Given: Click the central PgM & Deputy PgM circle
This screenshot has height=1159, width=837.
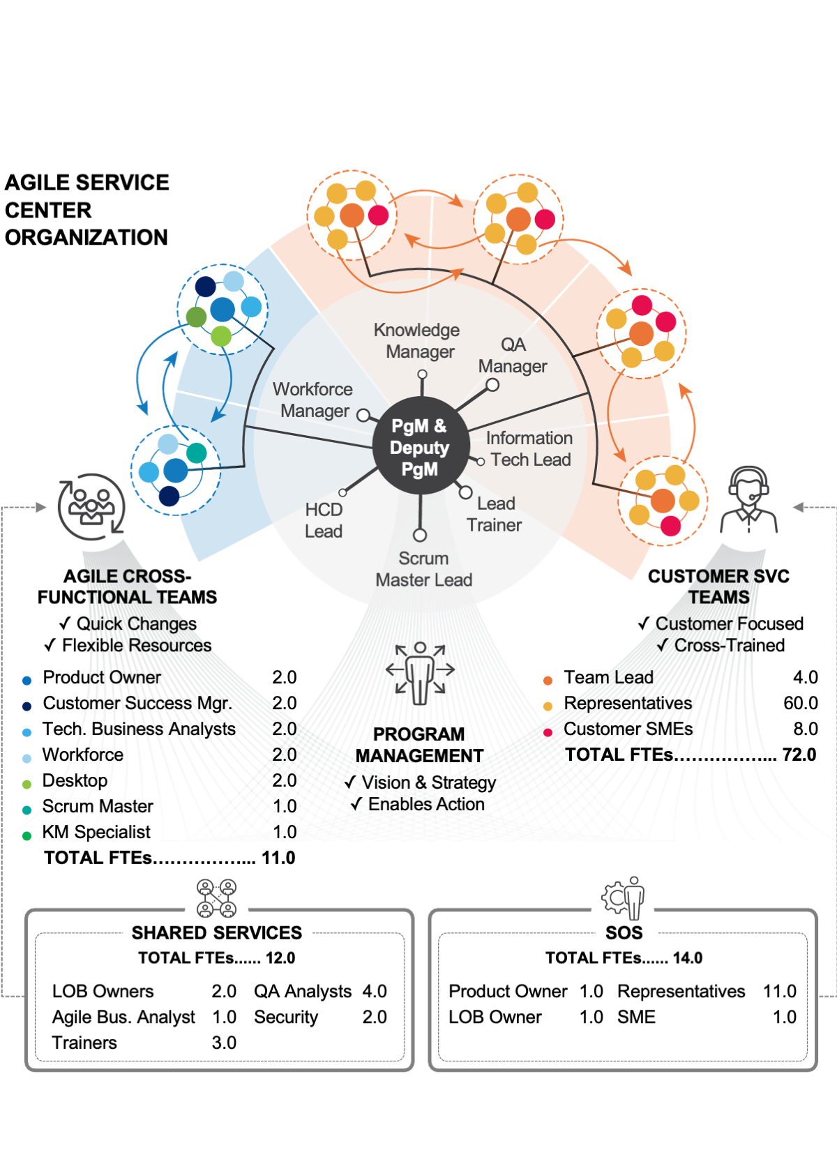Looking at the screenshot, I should [x=419, y=446].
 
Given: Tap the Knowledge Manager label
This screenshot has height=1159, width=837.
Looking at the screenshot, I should [x=417, y=340].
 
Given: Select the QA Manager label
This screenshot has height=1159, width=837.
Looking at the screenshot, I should [x=513, y=355].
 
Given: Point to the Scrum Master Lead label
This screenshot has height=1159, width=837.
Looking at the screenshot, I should [x=423, y=569].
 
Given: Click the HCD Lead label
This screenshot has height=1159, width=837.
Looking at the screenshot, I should [x=324, y=520].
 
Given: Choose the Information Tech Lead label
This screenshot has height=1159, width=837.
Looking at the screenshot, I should [x=529, y=448].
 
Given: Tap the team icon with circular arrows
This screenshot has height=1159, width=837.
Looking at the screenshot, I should [x=91, y=507].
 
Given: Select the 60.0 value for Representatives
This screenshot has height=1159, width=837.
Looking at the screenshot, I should [x=800, y=703].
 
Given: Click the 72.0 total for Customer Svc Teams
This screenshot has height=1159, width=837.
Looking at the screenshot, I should [x=799, y=755].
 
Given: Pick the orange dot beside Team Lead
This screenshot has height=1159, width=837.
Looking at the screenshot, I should [x=548, y=680].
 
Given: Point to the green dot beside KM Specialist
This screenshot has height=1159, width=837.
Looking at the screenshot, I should [x=27, y=835].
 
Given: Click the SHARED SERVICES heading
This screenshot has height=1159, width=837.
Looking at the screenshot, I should [x=217, y=932].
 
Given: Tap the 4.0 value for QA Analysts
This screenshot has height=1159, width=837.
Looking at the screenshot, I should [x=375, y=991].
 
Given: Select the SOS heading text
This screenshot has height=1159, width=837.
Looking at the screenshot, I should [x=624, y=932].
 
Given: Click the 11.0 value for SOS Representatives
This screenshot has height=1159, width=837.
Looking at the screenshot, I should [x=779, y=991].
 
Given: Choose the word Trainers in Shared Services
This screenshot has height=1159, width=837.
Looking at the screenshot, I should [x=84, y=1043].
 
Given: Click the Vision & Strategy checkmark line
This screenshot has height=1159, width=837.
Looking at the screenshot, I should [x=421, y=782].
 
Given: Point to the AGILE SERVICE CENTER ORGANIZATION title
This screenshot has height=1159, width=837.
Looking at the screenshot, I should [x=86, y=210].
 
